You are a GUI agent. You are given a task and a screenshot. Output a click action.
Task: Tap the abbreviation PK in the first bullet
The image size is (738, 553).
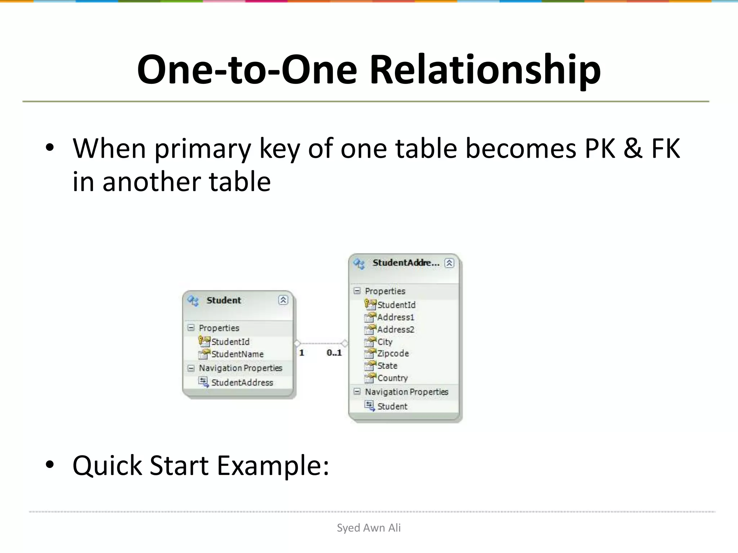pyautogui.click(x=599, y=148)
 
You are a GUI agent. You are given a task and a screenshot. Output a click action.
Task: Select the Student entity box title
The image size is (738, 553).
pyautogui.click(x=224, y=300)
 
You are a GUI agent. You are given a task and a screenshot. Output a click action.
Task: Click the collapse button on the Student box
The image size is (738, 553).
pyautogui.click(x=283, y=300)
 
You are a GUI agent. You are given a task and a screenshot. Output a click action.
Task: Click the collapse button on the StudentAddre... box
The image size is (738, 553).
pyautogui.click(x=449, y=263)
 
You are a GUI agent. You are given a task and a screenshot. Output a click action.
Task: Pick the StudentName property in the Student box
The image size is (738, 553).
pyautogui.click(x=237, y=354)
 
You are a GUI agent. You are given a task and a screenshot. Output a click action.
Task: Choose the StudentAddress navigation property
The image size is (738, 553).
pyautogui.click(x=242, y=382)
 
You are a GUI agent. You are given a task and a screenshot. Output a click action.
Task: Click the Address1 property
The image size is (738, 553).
pyautogui.click(x=395, y=317)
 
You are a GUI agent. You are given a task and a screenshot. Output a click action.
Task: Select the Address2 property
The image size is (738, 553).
pyautogui.click(x=395, y=329)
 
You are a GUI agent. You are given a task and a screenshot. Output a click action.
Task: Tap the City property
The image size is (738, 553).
pyautogui.click(x=384, y=342)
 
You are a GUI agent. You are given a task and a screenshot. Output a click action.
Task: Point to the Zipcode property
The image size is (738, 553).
pyautogui.click(x=393, y=354)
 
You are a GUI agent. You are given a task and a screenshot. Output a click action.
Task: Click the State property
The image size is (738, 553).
pyautogui.click(x=387, y=366)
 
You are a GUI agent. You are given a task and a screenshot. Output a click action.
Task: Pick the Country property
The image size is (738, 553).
pyautogui.click(x=392, y=378)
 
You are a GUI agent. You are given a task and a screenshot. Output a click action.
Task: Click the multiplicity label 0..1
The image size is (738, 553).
pyautogui.click(x=334, y=353)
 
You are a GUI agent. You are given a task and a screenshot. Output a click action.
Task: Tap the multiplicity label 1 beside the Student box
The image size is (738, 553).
pyautogui.click(x=302, y=353)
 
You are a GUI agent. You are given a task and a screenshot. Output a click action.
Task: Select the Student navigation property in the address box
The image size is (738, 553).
pyautogui.click(x=392, y=406)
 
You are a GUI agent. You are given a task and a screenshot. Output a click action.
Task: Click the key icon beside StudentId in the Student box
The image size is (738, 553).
pyautogui.click(x=204, y=341)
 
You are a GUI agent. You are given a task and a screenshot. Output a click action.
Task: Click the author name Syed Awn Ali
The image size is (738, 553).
pyautogui.click(x=369, y=528)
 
